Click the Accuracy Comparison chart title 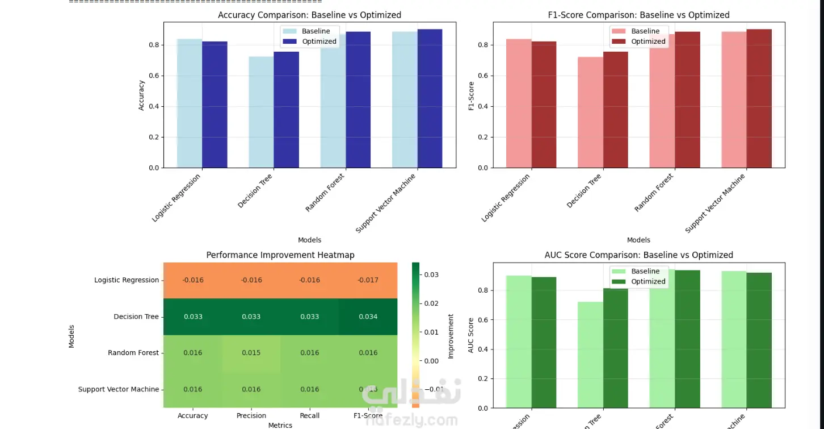[309, 15]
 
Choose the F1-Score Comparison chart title [638, 15]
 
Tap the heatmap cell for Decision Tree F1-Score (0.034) [368, 316]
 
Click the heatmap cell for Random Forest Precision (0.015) [251, 353]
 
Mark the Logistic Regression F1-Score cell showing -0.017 [368, 280]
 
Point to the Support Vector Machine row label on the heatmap [118, 389]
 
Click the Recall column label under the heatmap [309, 416]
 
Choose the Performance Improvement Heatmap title [280, 255]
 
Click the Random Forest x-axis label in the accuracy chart [326, 193]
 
